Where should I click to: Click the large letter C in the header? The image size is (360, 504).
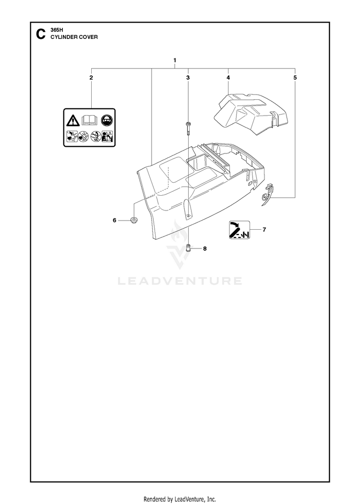(40, 34)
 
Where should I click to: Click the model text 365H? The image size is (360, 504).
(56, 30)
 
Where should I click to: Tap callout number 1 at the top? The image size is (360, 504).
(175, 60)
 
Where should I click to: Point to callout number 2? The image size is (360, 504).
(91, 78)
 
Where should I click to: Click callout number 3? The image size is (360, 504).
(188, 78)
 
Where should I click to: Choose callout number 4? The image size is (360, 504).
(228, 78)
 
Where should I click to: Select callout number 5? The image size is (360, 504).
(295, 78)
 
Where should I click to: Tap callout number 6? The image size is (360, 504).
(115, 220)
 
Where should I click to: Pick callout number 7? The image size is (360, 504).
(264, 230)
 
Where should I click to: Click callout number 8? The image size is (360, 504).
(205, 248)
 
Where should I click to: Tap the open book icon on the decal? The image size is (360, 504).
(90, 120)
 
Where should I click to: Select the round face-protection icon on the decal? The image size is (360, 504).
(106, 120)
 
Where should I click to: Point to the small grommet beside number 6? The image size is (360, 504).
(133, 220)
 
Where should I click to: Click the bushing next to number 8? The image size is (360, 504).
(189, 248)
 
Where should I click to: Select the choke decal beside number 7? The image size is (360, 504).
(240, 230)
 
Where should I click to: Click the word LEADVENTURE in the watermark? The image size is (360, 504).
(180, 281)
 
